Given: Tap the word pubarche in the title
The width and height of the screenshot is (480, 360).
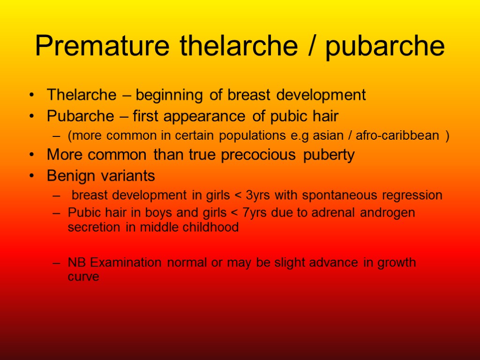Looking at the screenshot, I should pyautogui.click(x=384, y=46).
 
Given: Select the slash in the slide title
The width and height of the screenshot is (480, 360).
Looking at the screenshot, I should pyautogui.click(x=310, y=46).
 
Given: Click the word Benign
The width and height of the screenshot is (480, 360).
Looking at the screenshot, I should pyautogui.click(x=70, y=176).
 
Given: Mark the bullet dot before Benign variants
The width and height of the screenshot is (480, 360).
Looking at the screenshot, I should pyautogui.click(x=31, y=176).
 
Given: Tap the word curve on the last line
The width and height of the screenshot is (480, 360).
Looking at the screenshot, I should pyautogui.click(x=83, y=277).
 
